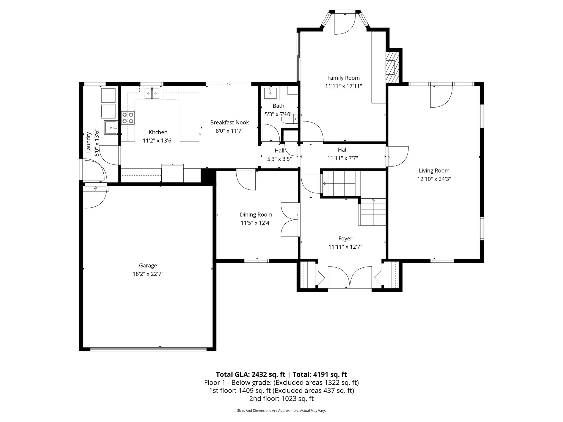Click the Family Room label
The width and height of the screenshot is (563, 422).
click(x=343, y=78)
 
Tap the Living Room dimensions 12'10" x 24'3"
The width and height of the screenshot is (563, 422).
click(x=434, y=179)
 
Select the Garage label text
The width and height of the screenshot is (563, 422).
click(x=148, y=265)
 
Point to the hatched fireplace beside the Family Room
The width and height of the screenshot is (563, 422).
click(x=392, y=67)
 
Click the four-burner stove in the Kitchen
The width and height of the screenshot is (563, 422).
click(x=128, y=118)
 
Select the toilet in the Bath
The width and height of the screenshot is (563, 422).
click(x=289, y=119)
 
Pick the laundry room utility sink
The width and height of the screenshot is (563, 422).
click(x=111, y=127)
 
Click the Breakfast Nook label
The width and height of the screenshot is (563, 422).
click(x=230, y=123)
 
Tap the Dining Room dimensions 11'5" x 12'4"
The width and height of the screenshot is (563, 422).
click(x=256, y=223)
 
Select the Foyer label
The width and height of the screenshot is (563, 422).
click(x=345, y=238)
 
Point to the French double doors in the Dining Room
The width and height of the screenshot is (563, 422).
click(x=289, y=220)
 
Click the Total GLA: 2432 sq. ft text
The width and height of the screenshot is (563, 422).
click(x=250, y=374)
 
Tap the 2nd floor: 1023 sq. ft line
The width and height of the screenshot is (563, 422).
click(x=281, y=398)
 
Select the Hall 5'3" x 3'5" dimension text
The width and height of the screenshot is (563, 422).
click(x=279, y=159)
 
